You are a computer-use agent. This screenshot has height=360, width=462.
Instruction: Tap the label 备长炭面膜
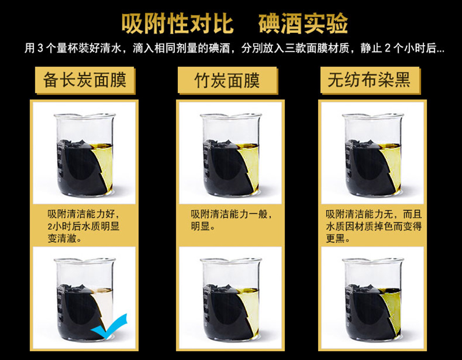pos(85,80)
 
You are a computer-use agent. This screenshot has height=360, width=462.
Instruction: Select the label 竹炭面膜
pos(227,80)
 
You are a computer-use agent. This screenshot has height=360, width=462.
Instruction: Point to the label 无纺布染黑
pos(369,80)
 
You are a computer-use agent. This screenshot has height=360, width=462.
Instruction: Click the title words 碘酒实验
pos(304,24)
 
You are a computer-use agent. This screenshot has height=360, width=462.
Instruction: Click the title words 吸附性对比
pos(178,24)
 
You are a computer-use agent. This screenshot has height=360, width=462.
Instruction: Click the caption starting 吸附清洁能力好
pos(84,226)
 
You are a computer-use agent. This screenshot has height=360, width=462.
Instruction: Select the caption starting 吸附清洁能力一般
pos(232,220)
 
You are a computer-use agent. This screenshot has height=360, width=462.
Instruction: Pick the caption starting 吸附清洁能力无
pos(374,226)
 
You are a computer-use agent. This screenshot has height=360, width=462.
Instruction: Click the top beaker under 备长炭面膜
pos(84,155)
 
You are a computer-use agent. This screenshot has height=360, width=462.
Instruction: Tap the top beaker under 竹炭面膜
pos(230,155)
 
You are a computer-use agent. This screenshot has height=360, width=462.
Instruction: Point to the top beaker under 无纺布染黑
pos(372,155)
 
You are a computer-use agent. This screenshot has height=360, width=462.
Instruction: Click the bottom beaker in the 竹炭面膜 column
pos(230,300)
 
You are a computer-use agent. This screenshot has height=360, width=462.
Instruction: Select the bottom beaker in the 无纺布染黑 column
pos(372,300)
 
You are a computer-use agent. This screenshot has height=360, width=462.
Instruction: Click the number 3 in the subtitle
pos(40,48)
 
